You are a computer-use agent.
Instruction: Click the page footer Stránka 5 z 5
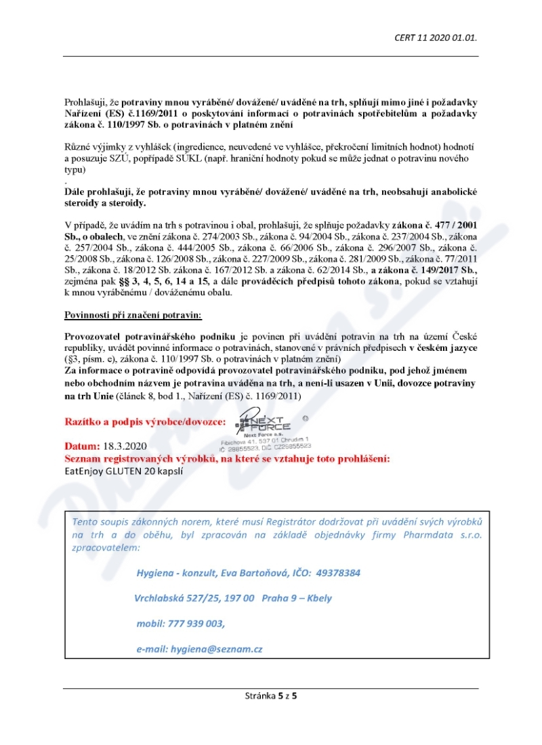[271, 695]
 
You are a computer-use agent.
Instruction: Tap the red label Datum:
[82, 447]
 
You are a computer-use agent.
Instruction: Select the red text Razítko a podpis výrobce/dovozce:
[146, 421]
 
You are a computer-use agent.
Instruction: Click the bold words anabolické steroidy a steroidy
[271, 197]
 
